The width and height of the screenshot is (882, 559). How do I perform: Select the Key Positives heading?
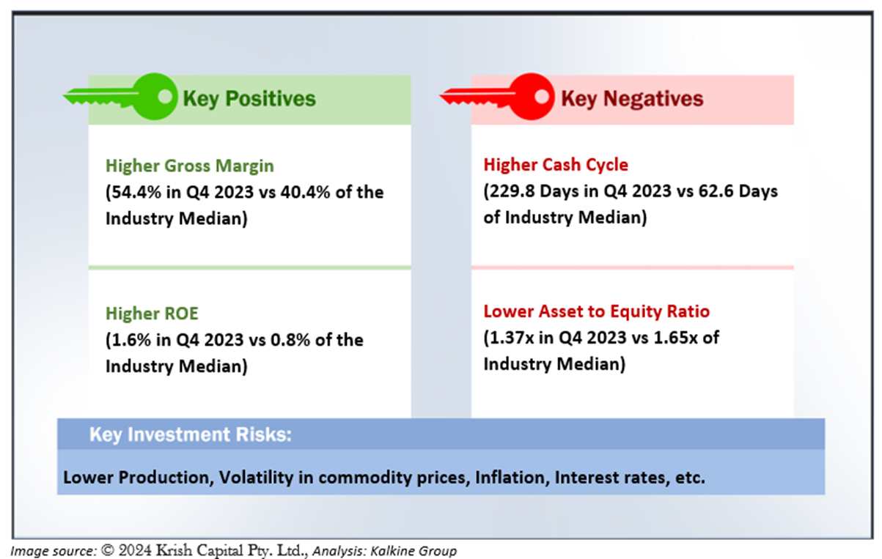point(249,99)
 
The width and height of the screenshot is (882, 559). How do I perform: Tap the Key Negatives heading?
point(632,99)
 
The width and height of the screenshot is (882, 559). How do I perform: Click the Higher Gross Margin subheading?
point(190,166)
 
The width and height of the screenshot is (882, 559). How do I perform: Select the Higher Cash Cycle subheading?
point(556,165)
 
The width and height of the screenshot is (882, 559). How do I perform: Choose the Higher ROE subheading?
point(152,314)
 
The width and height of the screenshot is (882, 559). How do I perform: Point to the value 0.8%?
point(290,340)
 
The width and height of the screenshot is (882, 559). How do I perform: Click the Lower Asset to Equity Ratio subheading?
point(597,311)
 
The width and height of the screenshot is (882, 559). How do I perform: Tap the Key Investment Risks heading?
point(191,434)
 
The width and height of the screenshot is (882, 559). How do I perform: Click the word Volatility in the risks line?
point(256,478)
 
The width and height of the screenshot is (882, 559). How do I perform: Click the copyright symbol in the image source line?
point(108,550)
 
